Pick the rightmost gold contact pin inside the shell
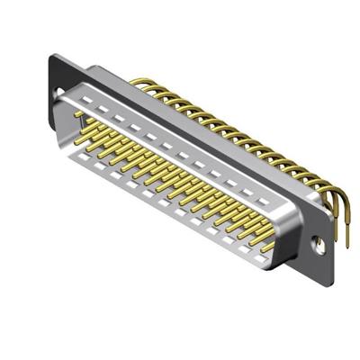point(267,245)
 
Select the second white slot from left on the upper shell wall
point(102,103)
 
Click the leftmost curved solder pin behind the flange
point(135,83)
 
